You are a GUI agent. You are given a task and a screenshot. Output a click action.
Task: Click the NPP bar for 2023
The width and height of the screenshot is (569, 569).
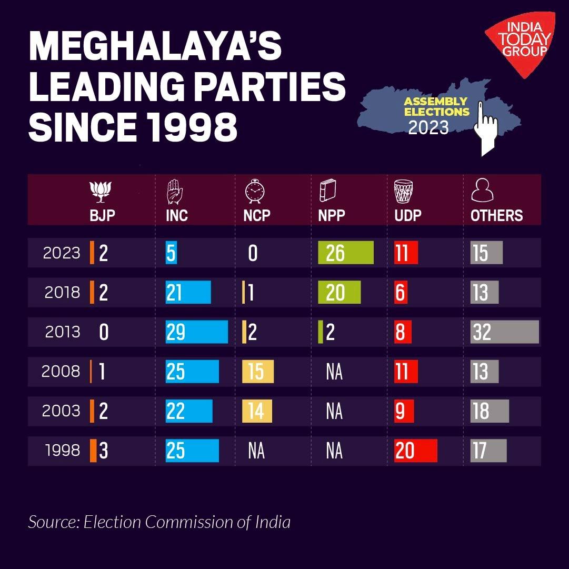(x=346, y=253)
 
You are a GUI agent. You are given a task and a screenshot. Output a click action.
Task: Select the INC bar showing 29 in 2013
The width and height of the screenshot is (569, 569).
(x=196, y=332)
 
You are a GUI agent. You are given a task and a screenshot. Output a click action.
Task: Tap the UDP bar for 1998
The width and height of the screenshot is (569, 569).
(x=415, y=451)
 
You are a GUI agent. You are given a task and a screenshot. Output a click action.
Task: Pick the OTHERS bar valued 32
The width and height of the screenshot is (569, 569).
(x=504, y=332)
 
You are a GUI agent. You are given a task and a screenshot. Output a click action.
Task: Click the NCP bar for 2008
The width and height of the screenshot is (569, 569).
(x=258, y=372)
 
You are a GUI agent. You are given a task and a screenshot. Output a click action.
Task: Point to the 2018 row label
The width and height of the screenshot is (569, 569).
(x=62, y=292)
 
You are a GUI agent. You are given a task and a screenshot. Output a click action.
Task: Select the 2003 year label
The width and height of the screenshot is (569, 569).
(x=61, y=411)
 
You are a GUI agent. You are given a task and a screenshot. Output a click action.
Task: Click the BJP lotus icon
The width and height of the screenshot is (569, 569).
(x=102, y=191)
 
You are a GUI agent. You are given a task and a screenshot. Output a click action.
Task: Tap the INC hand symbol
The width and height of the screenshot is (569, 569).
(x=174, y=192)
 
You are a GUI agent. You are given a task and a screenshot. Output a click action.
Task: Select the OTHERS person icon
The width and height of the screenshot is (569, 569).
(x=482, y=191)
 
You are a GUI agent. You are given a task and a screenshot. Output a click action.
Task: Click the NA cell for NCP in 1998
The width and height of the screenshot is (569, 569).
(x=256, y=451)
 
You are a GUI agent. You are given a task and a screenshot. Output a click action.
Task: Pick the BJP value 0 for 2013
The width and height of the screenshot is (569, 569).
(x=104, y=332)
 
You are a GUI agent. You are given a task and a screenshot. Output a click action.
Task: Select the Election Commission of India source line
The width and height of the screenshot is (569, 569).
(x=159, y=522)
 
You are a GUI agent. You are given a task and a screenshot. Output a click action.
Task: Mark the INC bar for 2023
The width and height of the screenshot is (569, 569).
(x=171, y=253)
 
